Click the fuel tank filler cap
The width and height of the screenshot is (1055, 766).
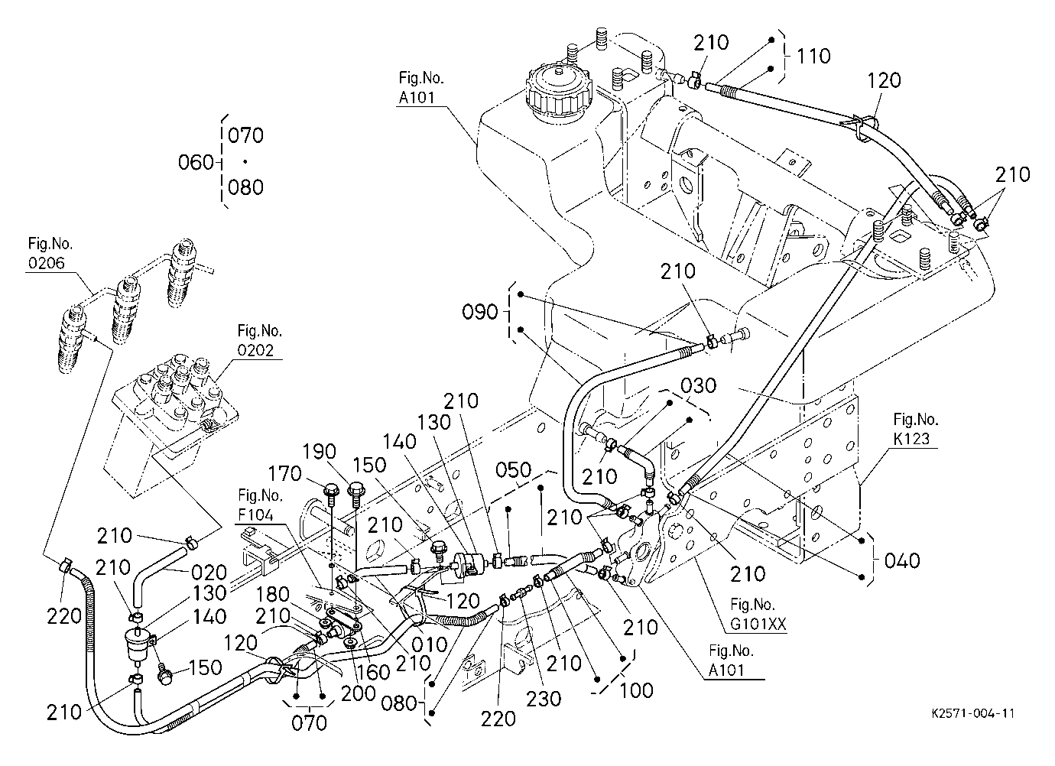tap(558, 94)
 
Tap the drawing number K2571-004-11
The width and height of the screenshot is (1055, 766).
tap(973, 713)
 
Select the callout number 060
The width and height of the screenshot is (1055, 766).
tap(196, 163)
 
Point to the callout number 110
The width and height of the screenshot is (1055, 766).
tap(813, 56)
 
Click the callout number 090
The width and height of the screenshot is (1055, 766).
tap(480, 312)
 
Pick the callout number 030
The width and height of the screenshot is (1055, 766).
tap(699, 386)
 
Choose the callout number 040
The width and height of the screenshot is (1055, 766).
tap(902, 561)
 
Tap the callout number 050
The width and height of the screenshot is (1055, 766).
tap(514, 469)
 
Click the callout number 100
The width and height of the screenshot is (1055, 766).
tap(636, 690)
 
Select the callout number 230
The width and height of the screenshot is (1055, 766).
tap(544, 699)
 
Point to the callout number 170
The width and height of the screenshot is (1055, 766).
tap(284, 473)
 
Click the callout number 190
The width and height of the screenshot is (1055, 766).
tap(319, 452)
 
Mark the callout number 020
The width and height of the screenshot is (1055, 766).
tap(209, 573)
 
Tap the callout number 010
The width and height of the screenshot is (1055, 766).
tap(430, 645)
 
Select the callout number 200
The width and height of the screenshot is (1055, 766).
tap(359, 693)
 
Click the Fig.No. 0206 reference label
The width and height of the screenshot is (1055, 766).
tap(50, 254)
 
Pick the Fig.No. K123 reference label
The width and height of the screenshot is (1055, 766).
tap(916, 429)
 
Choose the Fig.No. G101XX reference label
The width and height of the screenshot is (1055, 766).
tap(758, 615)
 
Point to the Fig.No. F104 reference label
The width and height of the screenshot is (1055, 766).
tap(260, 505)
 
